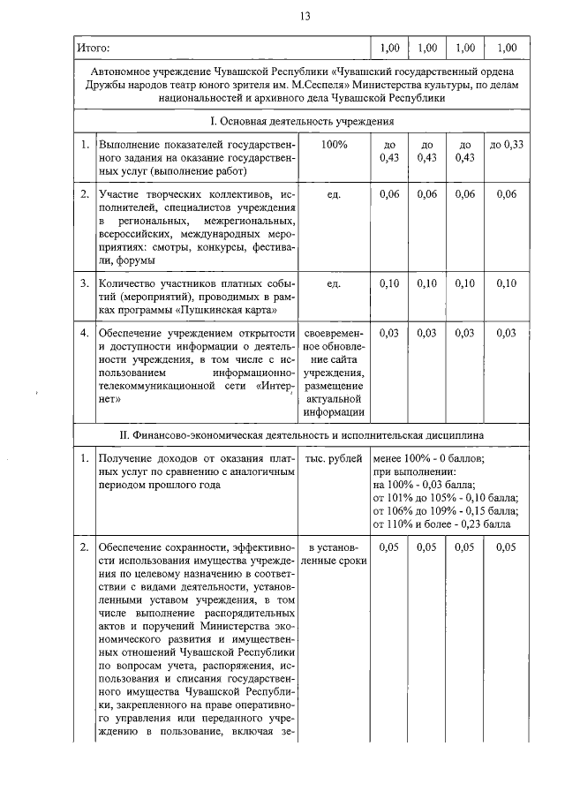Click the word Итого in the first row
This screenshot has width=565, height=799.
coord(92,47)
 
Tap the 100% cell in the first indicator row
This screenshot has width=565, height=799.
coord(335,144)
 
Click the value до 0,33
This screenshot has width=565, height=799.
coord(507,144)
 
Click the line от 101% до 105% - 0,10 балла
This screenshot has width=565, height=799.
coord(445,497)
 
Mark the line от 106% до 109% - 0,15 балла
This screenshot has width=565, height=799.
coord(445,510)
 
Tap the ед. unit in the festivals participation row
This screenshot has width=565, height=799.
coord(335,193)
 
